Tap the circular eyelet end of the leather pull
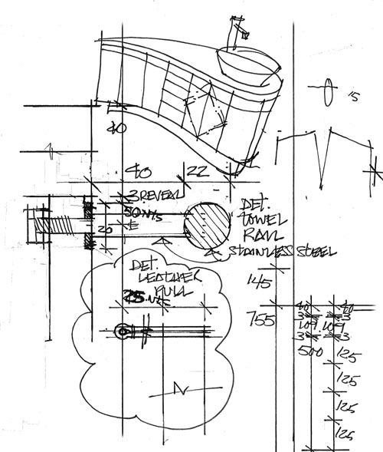click(120, 332)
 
